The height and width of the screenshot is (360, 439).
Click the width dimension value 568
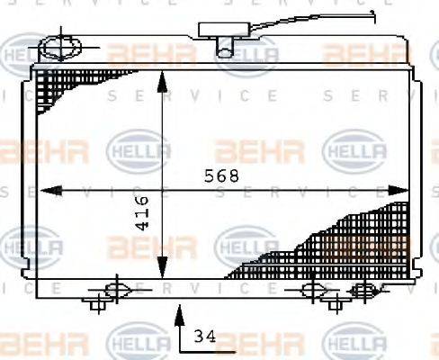click(222, 175)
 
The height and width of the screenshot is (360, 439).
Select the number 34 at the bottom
click(205, 337)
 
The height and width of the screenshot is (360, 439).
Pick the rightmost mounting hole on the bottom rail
click(363, 289)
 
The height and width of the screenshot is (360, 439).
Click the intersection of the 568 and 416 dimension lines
click(162, 190)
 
